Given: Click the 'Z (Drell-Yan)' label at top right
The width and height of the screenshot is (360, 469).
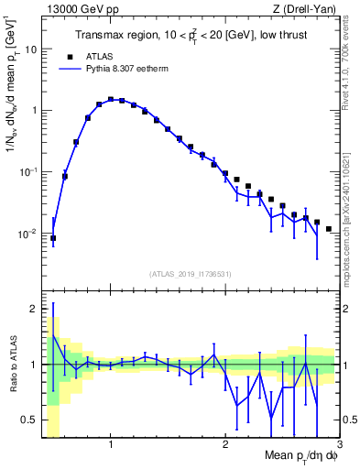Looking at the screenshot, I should click(305, 9).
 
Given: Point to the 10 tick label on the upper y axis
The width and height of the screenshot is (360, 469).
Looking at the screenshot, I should click(30, 49).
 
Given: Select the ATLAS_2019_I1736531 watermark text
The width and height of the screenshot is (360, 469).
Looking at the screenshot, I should click(190, 274).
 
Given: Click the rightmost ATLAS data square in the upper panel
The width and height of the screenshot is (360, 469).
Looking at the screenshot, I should click(328, 229).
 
